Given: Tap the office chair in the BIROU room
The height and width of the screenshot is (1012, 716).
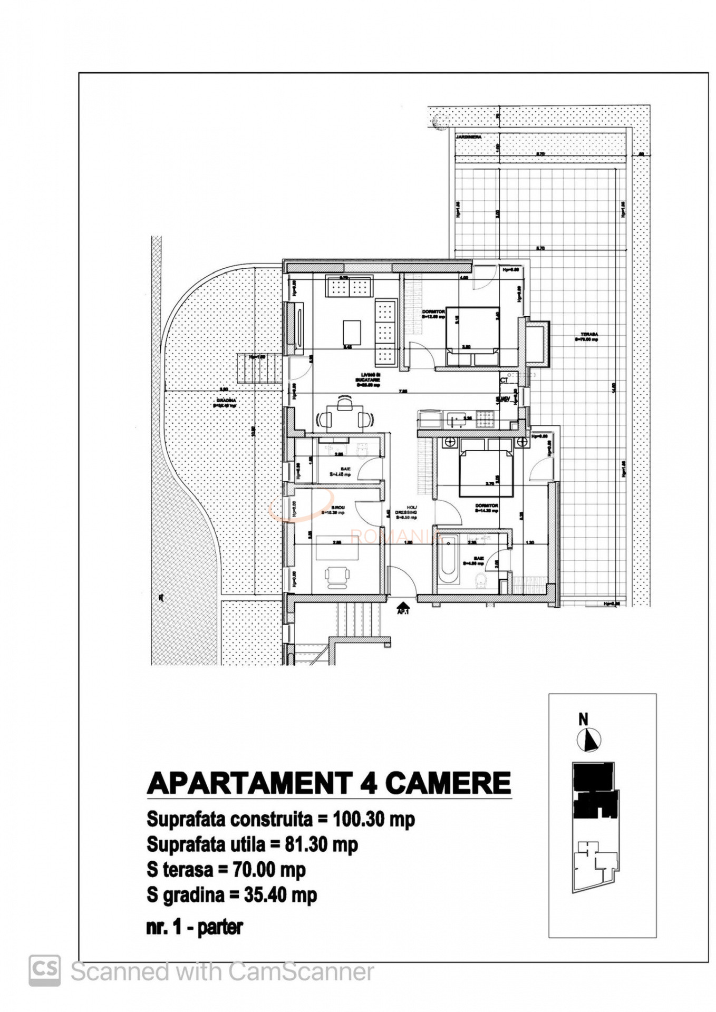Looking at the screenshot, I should [337, 576].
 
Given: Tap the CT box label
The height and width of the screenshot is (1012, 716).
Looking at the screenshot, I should [504, 379].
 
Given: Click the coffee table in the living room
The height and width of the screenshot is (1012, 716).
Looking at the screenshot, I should [352, 333].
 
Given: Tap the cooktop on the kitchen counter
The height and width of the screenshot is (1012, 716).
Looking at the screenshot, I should [485, 420].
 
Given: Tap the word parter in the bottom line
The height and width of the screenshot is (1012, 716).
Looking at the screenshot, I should [220, 927].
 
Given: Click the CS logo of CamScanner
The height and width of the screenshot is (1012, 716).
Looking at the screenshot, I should [45, 970].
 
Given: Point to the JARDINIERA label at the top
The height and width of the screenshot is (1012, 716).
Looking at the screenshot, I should [468, 137].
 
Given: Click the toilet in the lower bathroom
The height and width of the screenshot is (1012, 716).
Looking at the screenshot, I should [481, 582].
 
